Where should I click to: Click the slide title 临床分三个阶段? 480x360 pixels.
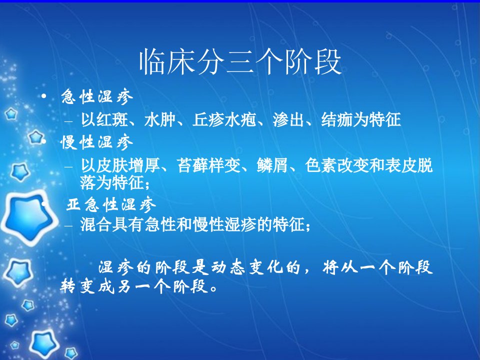(240, 61)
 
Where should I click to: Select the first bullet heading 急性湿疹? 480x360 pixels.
(97, 96)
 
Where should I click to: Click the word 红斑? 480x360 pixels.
(112, 119)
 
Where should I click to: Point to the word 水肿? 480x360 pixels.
(160, 119)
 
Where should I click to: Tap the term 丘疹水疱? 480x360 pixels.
(224, 119)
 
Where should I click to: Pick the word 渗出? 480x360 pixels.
(288, 119)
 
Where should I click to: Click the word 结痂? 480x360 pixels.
(336, 119)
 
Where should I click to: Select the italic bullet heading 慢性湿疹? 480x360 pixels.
(96, 142)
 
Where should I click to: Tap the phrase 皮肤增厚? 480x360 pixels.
(128, 165)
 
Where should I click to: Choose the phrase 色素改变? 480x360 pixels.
(336, 165)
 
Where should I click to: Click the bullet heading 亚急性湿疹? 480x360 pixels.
(111, 204)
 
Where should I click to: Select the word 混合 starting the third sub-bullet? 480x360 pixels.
(96, 224)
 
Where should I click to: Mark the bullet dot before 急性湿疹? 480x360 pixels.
(44, 96)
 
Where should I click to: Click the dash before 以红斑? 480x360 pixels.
(68, 121)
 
